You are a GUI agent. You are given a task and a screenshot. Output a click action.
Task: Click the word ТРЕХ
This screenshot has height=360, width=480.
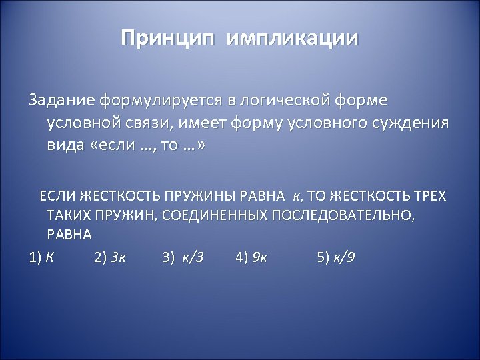[x=431, y=196]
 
